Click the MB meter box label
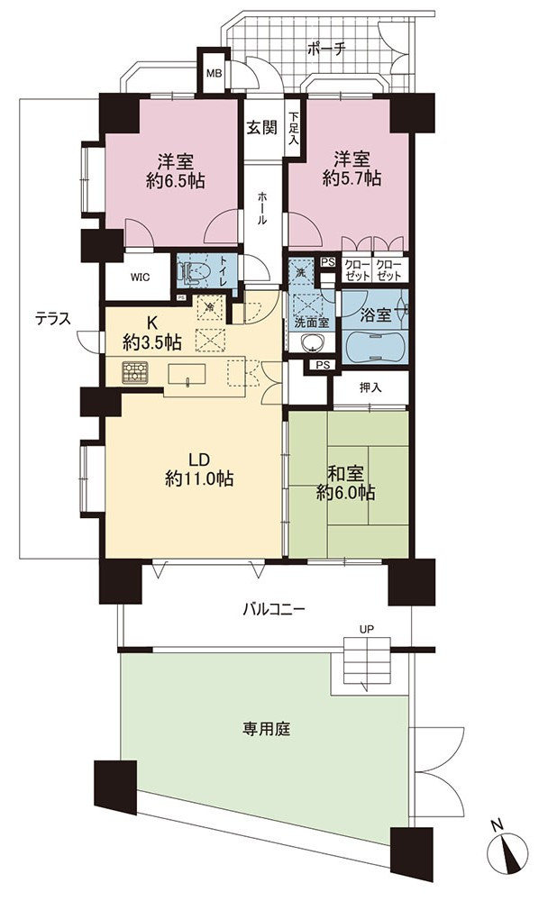click(214, 74)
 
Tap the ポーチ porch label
click(325, 48)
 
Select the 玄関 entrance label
click(261, 128)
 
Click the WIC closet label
click(140, 278)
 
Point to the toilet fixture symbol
click(192, 272)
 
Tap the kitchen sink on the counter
click(187, 374)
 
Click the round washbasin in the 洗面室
click(310, 343)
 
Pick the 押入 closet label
click(370, 387)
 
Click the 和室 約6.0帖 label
click(346, 483)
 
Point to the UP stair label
click(367, 629)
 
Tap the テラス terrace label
click(53, 318)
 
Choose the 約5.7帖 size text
click(352, 178)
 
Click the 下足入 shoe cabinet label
click(294, 128)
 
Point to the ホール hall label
click(262, 207)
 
